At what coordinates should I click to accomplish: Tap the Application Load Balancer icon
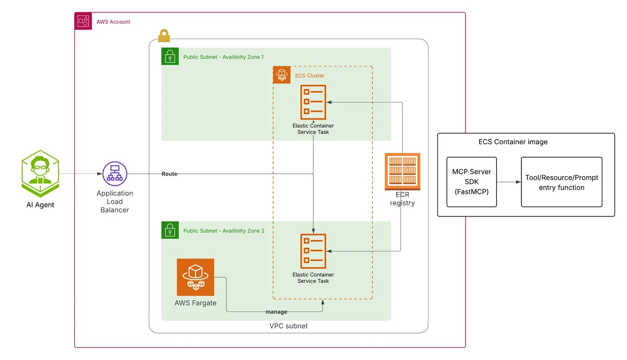click(114, 175)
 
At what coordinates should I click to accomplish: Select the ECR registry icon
click(402, 171)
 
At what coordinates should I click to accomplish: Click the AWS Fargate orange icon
click(195, 277)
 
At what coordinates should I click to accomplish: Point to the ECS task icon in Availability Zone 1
click(313, 102)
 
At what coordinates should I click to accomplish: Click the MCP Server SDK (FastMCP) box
click(472, 182)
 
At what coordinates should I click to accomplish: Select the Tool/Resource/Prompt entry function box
click(562, 182)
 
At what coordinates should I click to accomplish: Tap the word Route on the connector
click(169, 174)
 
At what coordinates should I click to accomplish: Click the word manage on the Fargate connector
click(276, 312)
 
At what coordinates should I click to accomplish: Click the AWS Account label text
click(113, 22)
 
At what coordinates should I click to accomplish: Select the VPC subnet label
click(288, 326)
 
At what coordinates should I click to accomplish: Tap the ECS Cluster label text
click(309, 76)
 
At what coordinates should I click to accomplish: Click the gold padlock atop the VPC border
click(164, 36)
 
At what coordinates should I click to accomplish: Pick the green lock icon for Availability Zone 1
click(170, 57)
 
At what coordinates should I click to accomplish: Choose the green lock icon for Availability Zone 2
click(170, 230)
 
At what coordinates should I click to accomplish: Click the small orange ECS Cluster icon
click(282, 75)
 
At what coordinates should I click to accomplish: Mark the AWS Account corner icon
click(84, 21)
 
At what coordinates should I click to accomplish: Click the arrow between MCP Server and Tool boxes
click(508, 182)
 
